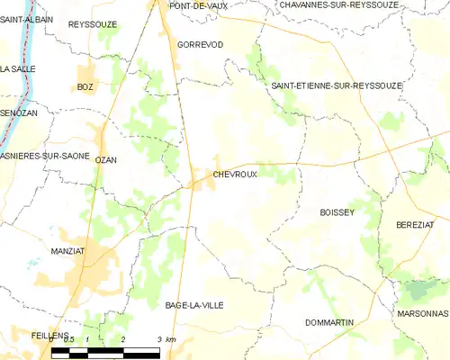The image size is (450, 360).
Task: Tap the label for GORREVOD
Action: (200, 44)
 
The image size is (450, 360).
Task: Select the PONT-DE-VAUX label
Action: (199, 5)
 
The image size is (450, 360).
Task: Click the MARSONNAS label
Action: (420, 313)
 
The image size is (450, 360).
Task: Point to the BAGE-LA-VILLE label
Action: (194, 305)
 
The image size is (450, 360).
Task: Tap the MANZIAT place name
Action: (69, 251)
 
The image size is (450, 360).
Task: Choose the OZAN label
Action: (106, 159)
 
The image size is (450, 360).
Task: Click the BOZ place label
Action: (85, 86)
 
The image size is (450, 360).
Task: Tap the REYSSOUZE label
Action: (93, 24)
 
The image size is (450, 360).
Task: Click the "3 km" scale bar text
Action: (165, 337)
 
